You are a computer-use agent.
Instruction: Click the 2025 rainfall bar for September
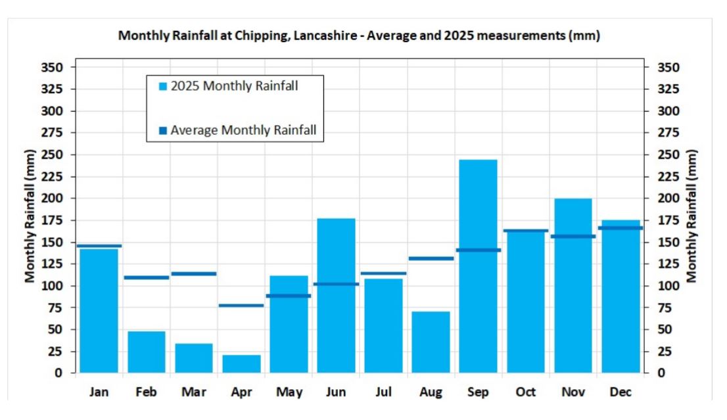478,266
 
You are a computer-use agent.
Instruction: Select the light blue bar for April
241,364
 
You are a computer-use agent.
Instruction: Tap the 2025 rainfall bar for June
336,295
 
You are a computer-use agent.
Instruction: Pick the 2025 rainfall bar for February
147,352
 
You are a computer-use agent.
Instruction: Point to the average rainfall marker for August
431,259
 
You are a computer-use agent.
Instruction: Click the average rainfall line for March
194,273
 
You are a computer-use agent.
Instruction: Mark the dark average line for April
241,306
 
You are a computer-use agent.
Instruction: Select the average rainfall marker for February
147,277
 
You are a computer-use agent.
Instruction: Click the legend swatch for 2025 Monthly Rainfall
163,86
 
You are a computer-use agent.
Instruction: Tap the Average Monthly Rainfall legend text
243,130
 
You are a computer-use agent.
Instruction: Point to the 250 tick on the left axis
52,154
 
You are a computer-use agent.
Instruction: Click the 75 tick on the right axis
665,308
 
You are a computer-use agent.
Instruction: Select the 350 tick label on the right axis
668,68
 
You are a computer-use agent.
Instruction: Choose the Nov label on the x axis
573,392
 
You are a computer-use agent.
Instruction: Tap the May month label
289,392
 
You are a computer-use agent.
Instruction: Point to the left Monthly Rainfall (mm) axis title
30,216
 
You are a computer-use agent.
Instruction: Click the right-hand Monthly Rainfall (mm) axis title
692,216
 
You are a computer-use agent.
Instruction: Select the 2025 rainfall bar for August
431,342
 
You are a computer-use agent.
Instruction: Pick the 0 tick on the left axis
58,373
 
